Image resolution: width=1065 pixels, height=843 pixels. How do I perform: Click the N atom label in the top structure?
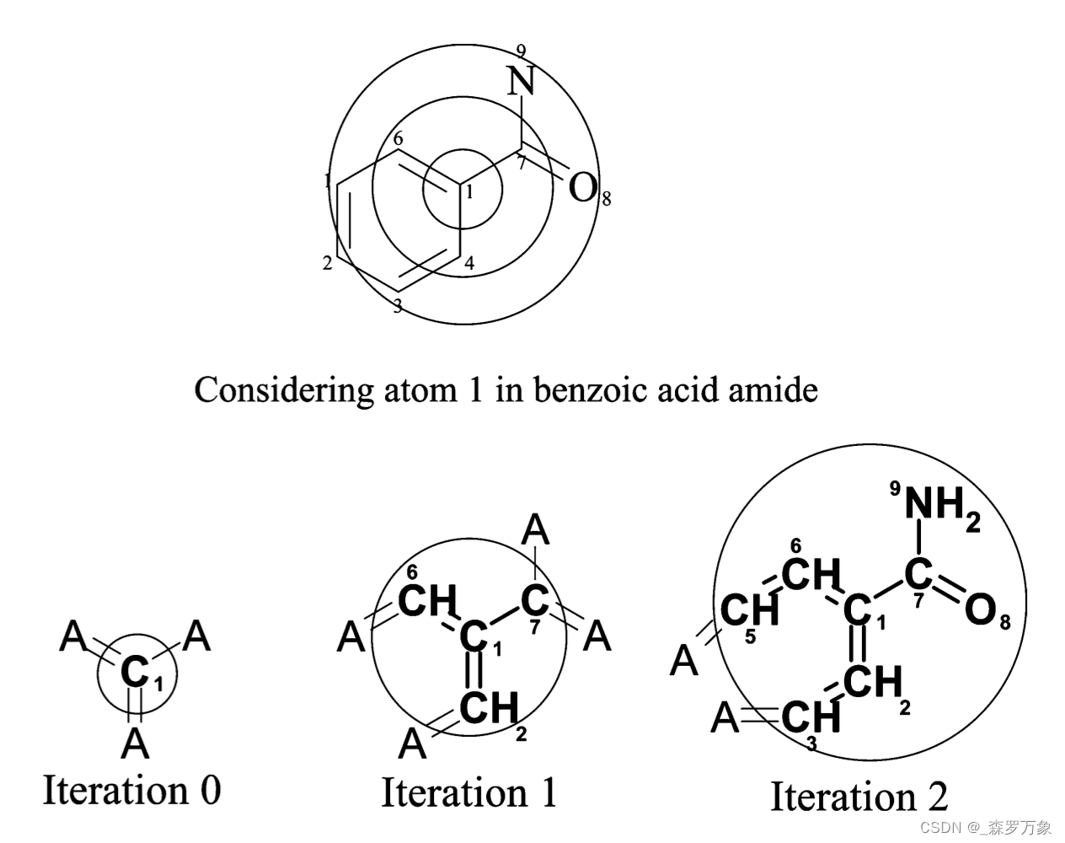522,82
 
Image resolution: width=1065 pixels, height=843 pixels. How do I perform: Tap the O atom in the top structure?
582,187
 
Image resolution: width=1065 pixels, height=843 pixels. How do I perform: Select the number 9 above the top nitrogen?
522,51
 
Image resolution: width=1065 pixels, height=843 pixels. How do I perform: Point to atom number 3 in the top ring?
398,307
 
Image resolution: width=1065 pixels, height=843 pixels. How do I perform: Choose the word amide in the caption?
776,390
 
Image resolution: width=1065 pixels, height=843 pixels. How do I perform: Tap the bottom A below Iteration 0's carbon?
135,744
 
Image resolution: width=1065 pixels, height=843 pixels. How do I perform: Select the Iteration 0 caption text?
131,791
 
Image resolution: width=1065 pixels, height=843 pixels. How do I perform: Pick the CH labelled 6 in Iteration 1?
426,602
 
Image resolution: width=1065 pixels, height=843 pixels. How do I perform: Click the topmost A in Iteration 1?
536,531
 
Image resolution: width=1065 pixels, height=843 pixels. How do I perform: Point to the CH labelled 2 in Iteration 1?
489,707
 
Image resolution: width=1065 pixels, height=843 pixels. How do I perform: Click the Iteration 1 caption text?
469,793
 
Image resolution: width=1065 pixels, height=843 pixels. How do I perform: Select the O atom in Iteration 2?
980,610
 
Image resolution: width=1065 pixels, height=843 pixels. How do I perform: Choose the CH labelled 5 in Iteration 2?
749,609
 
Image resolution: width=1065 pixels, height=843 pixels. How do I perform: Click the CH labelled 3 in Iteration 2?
811,718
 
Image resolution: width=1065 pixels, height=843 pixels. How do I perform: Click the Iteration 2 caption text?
859,797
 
